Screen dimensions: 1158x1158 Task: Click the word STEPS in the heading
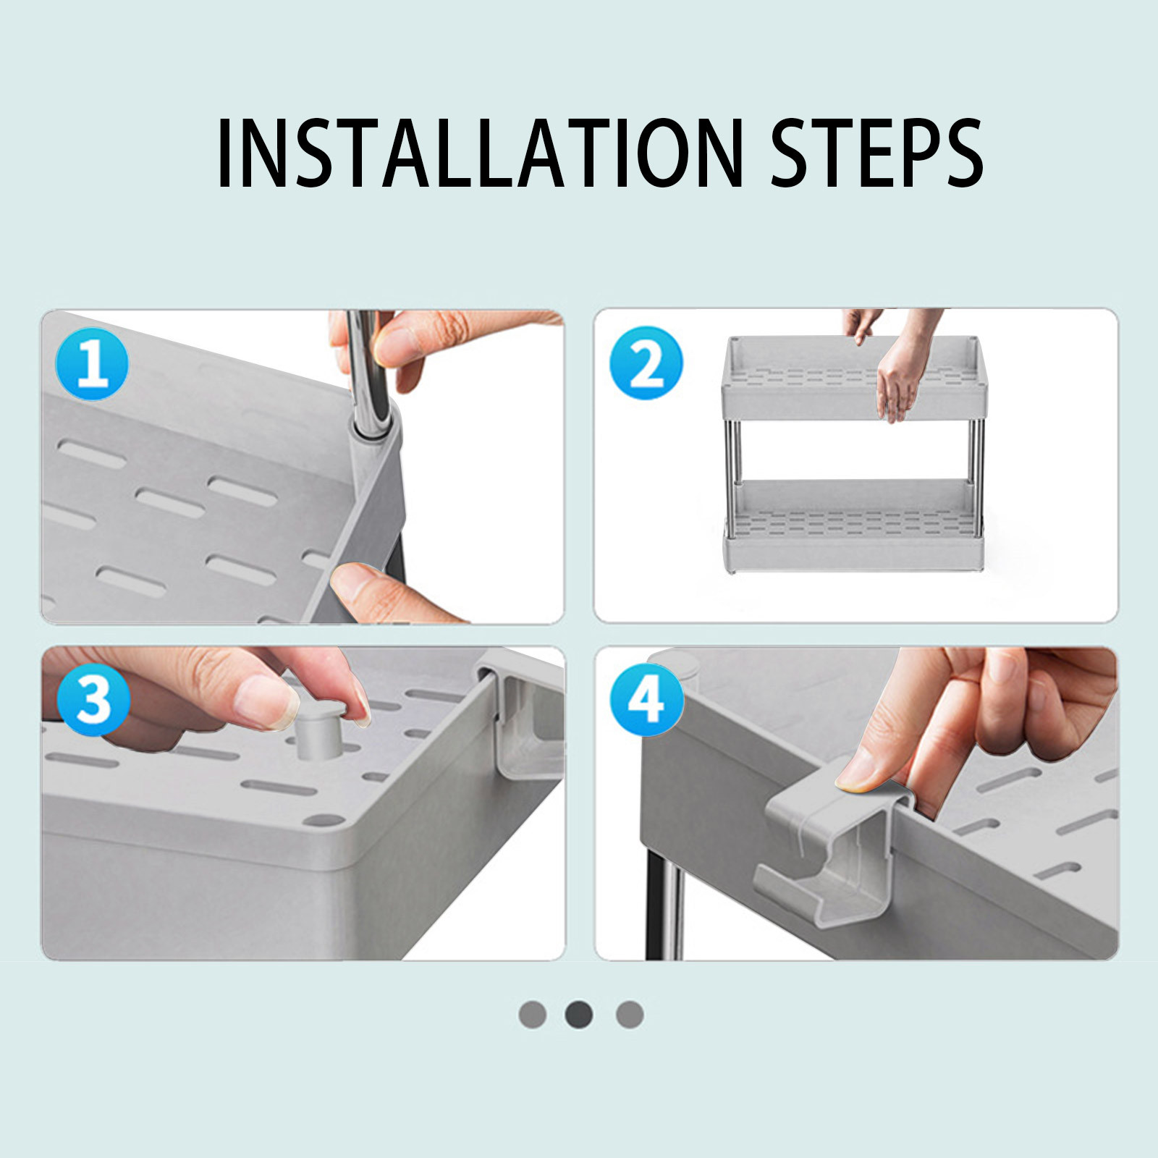click(876, 153)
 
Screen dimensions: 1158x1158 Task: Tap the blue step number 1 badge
click(92, 363)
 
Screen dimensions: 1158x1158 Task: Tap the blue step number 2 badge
click(646, 363)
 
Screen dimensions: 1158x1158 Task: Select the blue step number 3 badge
click(93, 699)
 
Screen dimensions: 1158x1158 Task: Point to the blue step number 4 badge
click(646, 699)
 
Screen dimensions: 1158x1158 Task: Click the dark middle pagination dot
click(579, 1014)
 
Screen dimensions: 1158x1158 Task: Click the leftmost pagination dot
click(532, 1014)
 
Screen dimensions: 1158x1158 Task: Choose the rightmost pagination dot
click(630, 1014)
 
